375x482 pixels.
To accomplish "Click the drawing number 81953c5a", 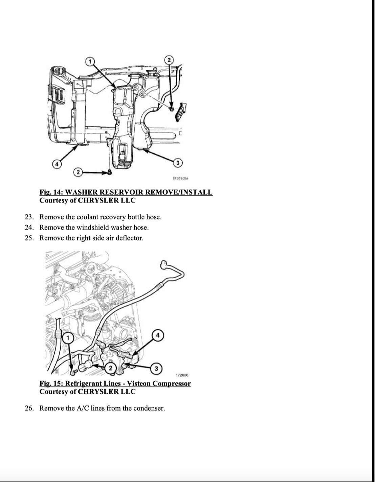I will [180, 178].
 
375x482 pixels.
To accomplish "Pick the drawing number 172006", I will [182, 375].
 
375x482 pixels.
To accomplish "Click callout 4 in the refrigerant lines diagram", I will [157, 335].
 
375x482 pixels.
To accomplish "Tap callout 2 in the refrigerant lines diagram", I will [110, 368].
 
